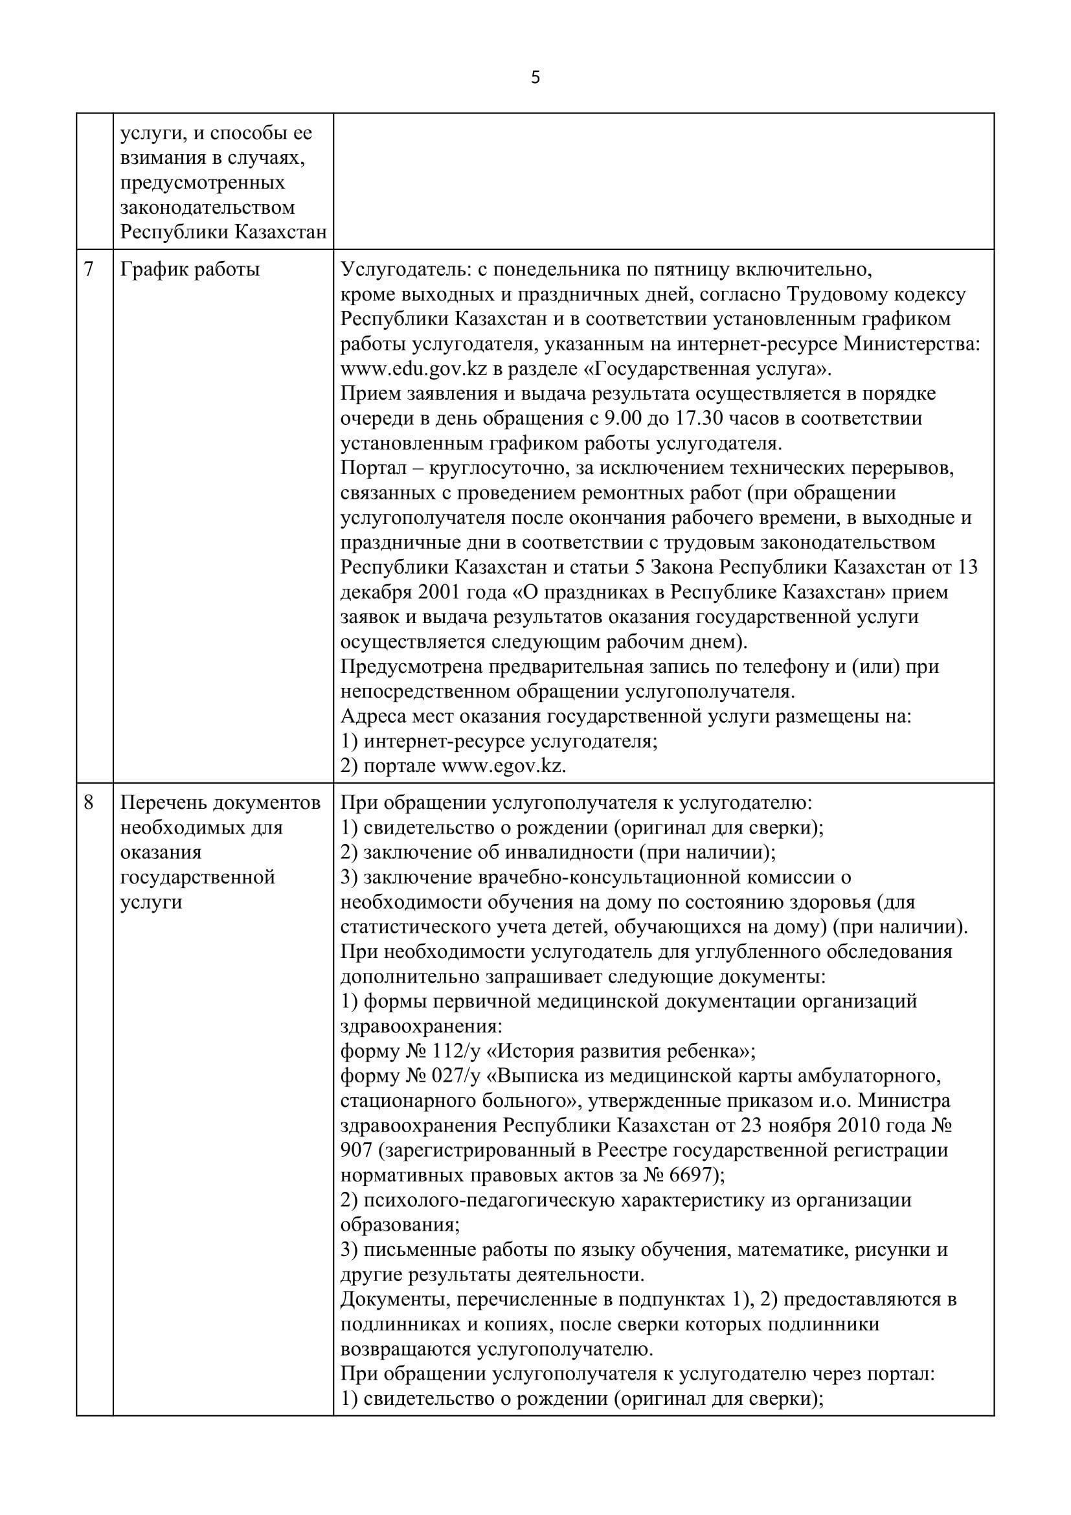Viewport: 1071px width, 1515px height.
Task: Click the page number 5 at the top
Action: (535, 78)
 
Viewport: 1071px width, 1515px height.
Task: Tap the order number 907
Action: (357, 1151)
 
